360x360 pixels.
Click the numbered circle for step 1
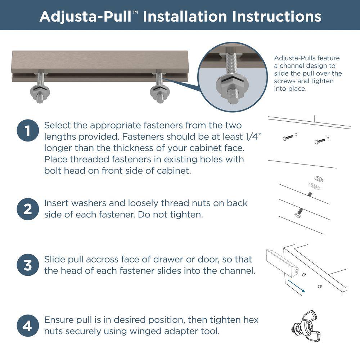tap(28, 130)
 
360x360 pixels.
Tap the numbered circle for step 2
tap(28, 209)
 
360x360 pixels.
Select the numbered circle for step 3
tap(28, 265)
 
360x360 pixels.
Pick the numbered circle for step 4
tap(28, 326)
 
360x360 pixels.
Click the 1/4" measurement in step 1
tap(253, 136)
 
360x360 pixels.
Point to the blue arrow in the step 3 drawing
tap(296, 286)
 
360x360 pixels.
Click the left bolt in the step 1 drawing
tap(288, 138)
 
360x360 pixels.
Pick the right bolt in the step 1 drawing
tap(320, 141)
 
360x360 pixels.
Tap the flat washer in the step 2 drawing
tap(315, 186)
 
